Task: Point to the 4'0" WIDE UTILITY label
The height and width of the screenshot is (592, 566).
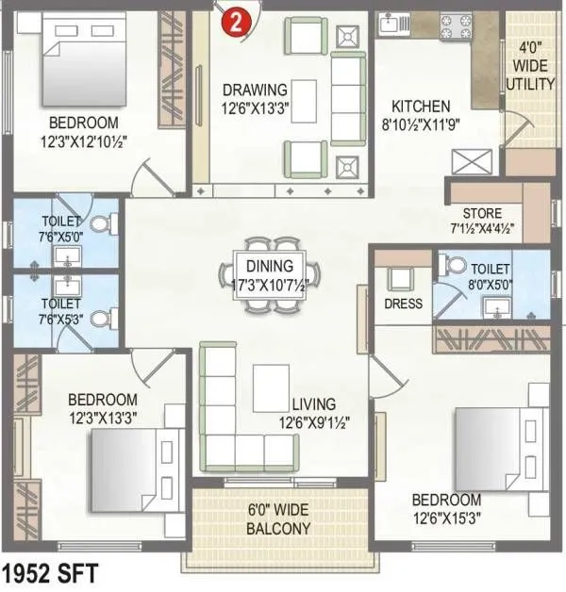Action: point(532,66)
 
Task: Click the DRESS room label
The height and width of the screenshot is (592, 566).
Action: point(402,304)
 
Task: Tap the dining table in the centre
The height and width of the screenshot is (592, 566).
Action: point(270,273)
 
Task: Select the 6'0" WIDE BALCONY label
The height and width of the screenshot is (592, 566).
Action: point(278,520)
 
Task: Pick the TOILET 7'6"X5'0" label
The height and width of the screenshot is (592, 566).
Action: point(60,229)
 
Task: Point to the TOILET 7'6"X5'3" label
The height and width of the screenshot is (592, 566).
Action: point(60,312)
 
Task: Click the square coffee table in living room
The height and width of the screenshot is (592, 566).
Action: point(272,387)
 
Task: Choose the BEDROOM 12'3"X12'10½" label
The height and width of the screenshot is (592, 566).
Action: point(84,132)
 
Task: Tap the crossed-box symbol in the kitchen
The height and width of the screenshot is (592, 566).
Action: point(468,161)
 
